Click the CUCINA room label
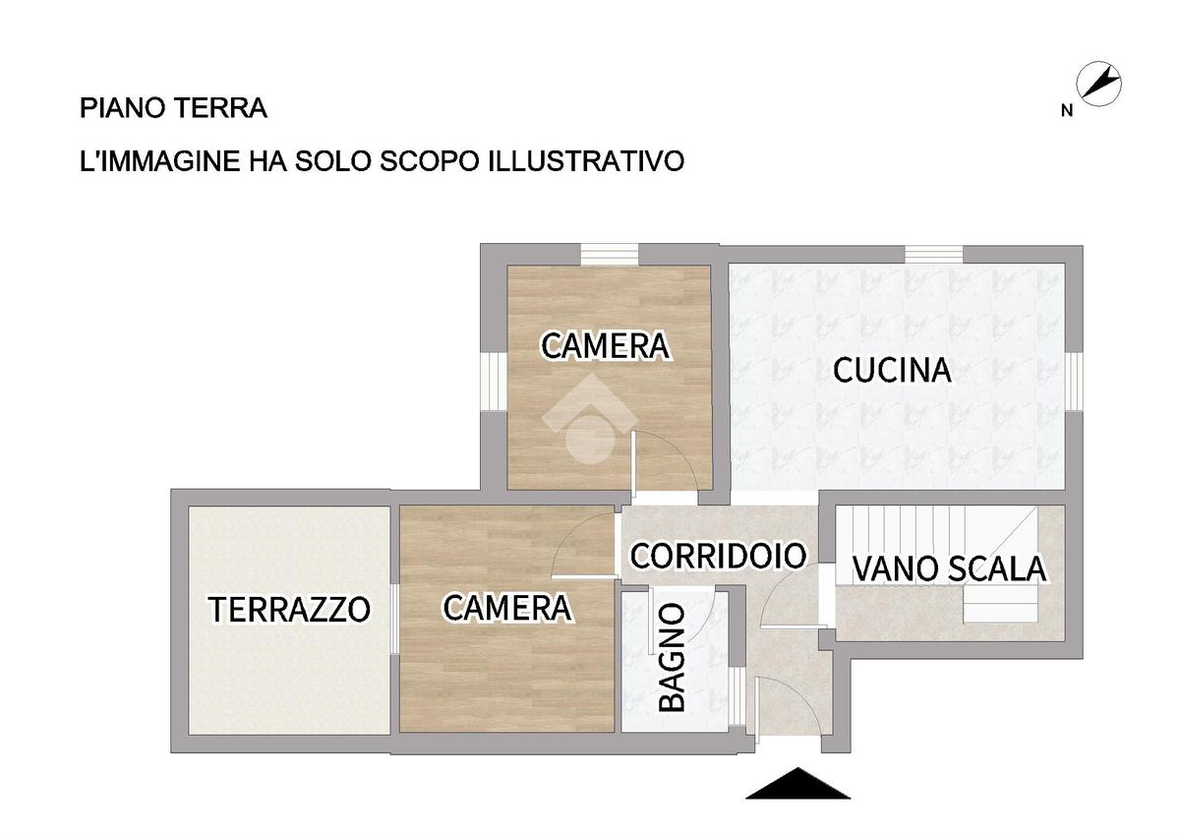click(892, 370)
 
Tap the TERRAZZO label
click(289, 609)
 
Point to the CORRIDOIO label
click(719, 556)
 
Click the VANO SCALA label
click(949, 568)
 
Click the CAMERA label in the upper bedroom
click(606, 346)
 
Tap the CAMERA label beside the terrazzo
click(507, 608)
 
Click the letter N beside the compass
click(1067, 111)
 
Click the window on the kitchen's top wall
click(934, 255)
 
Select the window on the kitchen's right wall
click(1075, 382)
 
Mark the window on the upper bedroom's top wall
click(610, 255)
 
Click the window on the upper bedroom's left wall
click(494, 382)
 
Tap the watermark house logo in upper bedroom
click(591, 419)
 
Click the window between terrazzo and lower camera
click(394, 619)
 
